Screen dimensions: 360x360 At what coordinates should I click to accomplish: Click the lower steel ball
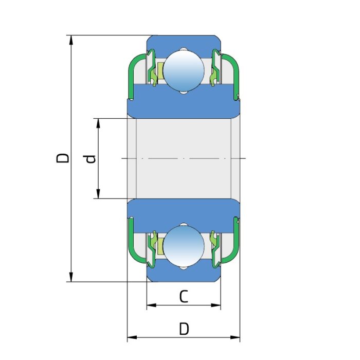point(184,246)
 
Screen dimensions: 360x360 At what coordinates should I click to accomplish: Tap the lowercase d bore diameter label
point(91,159)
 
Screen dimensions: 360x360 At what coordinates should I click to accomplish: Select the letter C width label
point(184,297)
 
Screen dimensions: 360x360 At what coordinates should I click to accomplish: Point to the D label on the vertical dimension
point(62,158)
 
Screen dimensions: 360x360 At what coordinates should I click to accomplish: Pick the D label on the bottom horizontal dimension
point(184,329)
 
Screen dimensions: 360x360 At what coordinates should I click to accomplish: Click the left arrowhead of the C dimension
point(151,305)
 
